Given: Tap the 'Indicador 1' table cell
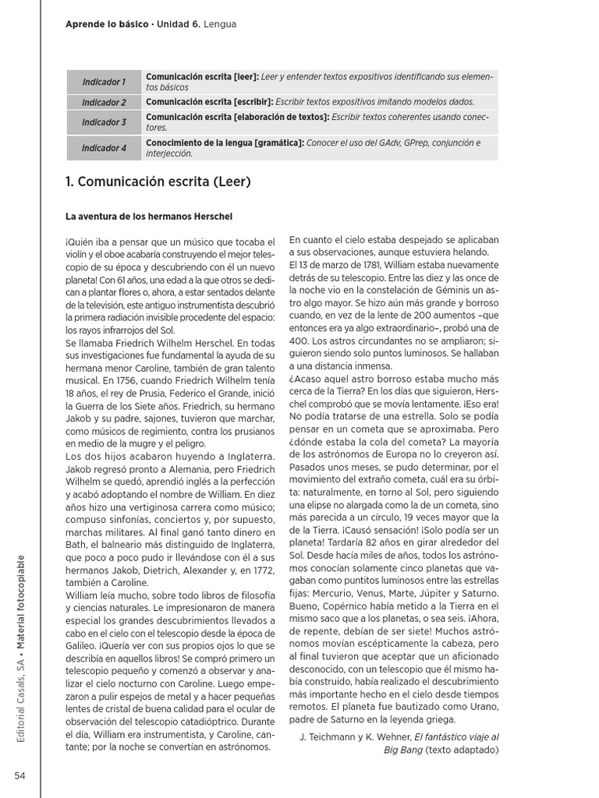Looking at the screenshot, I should (x=104, y=82).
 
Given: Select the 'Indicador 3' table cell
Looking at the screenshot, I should (x=104, y=122).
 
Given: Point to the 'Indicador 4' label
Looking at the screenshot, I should (x=104, y=147).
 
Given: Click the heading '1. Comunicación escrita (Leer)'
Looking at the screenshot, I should (x=158, y=182).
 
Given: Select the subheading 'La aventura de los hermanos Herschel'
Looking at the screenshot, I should (x=149, y=215).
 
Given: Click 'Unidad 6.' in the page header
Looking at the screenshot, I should (x=179, y=24).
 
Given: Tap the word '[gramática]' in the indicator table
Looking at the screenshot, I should (x=277, y=143).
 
